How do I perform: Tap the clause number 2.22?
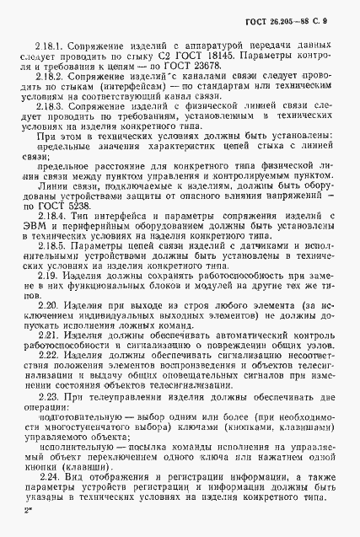click(45, 403)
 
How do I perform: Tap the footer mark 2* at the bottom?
click(31, 534)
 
